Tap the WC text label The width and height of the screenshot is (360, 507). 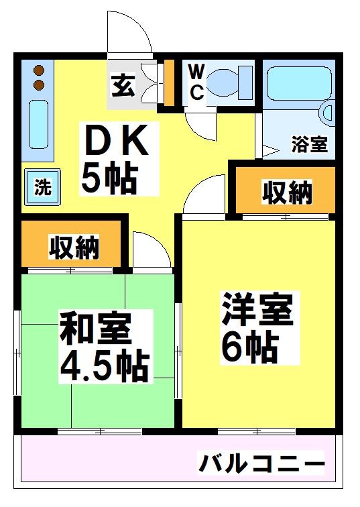click(x=196, y=81)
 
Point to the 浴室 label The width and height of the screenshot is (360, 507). click(x=309, y=144)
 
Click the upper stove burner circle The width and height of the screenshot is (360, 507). click(x=39, y=70)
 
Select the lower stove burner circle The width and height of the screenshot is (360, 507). click(x=39, y=84)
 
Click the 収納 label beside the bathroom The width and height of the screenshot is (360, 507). click(x=286, y=192)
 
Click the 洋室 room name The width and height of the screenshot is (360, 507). click(x=257, y=310)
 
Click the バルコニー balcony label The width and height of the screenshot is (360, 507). click(x=261, y=463)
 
